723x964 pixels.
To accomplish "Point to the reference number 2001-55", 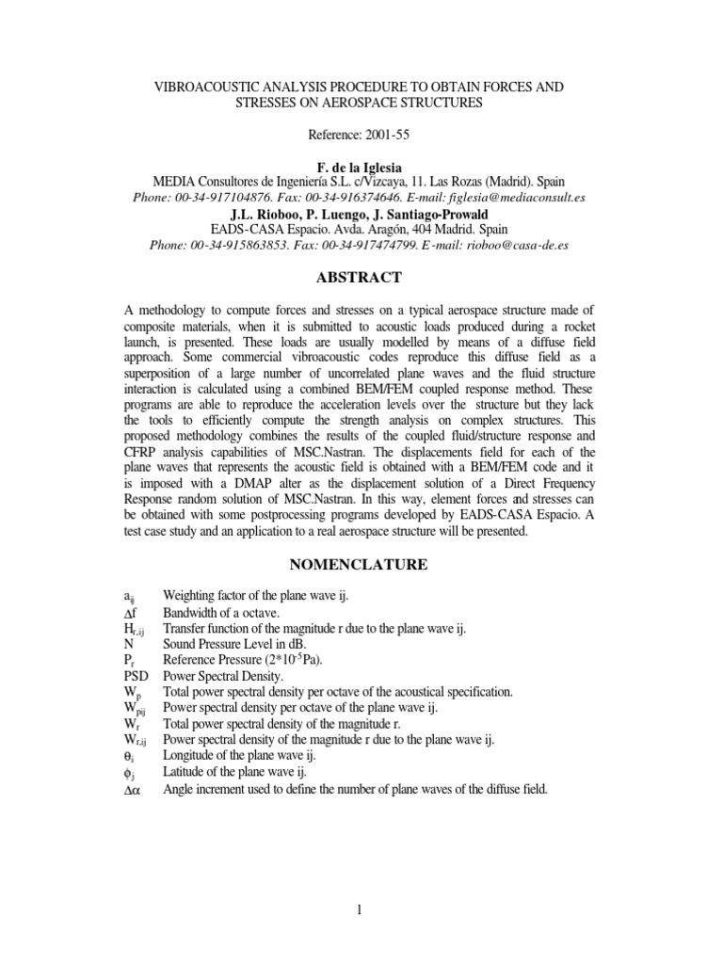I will (394, 135).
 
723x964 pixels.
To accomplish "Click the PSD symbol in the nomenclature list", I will (137, 675).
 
